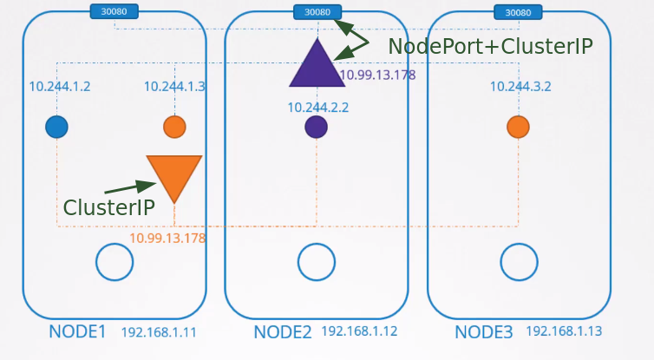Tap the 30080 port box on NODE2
point(317,12)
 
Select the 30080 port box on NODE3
point(519,12)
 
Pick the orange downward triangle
point(174,174)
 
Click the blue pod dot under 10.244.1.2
point(57,128)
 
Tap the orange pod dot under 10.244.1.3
point(174,128)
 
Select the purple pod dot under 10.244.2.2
point(317,128)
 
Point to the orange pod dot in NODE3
point(519,128)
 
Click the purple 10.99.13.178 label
point(377,75)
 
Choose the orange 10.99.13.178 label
point(167,238)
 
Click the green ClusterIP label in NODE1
point(109,207)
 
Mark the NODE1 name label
point(77,331)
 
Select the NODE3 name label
point(484,331)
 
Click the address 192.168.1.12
point(359,331)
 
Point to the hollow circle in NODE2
point(317,262)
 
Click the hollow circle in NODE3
point(520,262)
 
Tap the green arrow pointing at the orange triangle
point(129,187)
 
